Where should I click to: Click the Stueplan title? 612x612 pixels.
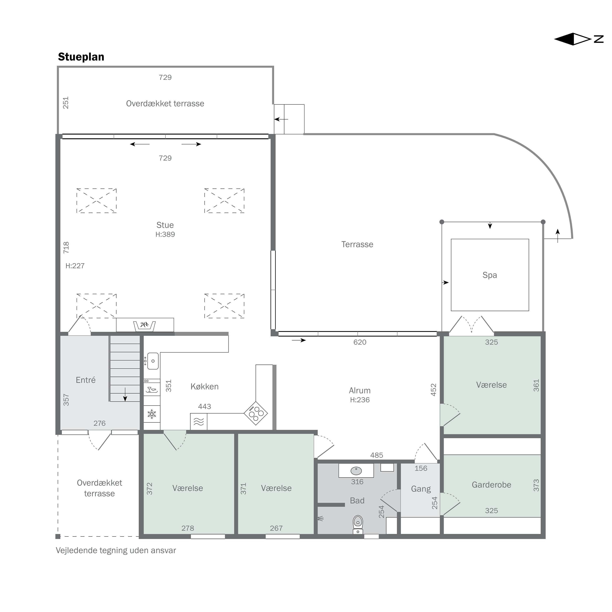tap(81, 57)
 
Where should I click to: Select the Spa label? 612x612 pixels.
tap(490, 275)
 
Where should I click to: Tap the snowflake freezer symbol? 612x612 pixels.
tap(152, 414)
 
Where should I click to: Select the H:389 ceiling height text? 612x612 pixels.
tap(165, 234)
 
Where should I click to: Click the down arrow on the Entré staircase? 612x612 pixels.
tap(125, 394)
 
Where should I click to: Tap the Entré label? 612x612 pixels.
tap(86, 380)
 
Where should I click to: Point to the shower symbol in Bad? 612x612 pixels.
tap(320, 519)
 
